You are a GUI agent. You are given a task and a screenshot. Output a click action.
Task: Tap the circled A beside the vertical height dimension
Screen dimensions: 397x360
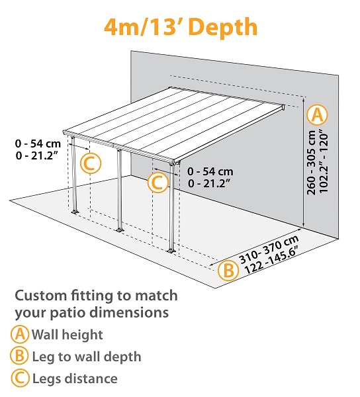[318, 114]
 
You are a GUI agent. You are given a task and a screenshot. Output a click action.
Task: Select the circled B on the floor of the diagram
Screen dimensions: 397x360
[227, 270]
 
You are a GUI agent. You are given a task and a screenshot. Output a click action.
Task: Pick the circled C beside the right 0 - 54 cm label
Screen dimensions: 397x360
[157, 182]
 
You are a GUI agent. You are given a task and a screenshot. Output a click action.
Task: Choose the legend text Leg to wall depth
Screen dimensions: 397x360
[86, 357]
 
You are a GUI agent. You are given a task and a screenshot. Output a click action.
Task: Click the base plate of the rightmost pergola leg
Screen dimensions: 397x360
[171, 251]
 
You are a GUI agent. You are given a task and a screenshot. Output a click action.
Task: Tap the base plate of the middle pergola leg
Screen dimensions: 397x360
[119, 230]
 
